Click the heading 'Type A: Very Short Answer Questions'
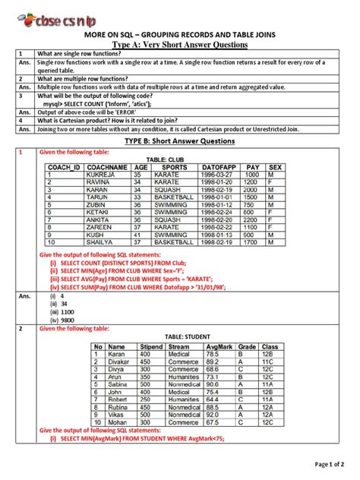pyautogui.click(x=180, y=46)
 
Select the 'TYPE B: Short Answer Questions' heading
pyautogui.click(x=180, y=141)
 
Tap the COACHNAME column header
pyautogui.click(x=108, y=166)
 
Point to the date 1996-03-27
pyautogui.click(x=217, y=174)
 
